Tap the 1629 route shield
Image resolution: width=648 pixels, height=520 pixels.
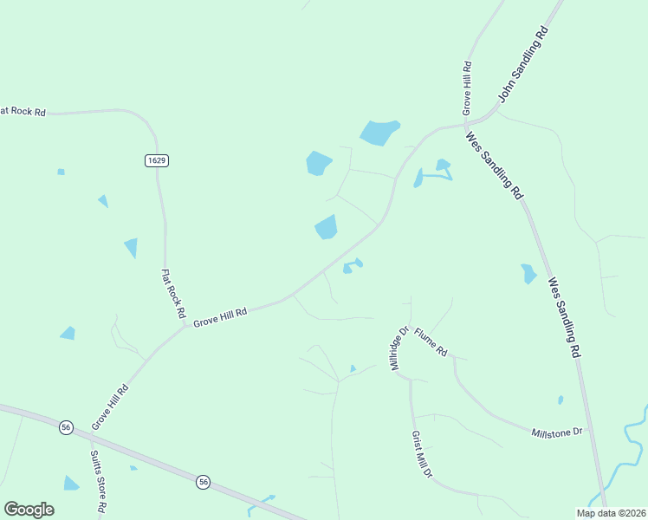coord(156,160)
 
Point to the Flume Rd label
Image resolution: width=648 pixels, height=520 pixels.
coord(430,342)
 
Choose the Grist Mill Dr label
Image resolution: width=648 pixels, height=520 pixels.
coord(421,455)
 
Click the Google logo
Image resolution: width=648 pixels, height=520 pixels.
coord(29,510)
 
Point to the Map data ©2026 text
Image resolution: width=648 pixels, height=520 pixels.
coord(611,513)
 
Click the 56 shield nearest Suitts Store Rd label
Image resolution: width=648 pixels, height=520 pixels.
coord(66,427)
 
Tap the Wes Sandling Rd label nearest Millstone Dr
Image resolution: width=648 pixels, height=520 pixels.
coord(563,317)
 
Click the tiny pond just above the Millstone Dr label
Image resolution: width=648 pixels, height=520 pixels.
coord(561,400)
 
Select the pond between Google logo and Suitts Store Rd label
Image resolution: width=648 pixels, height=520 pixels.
coord(71,483)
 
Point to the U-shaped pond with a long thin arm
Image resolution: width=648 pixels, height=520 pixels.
coord(433,172)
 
